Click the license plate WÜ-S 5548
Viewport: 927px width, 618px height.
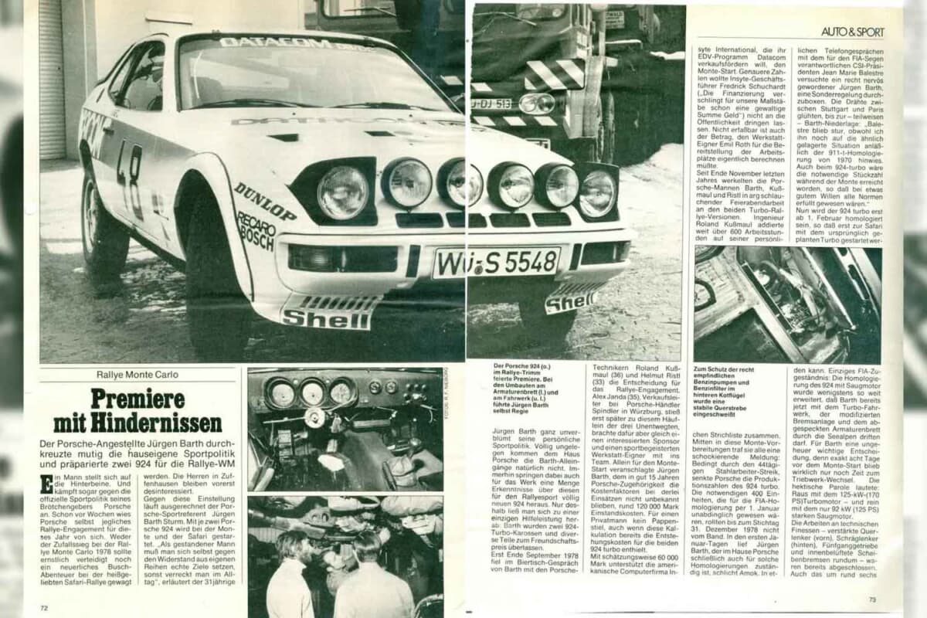(x=496, y=263)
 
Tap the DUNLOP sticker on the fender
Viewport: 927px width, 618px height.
(x=264, y=201)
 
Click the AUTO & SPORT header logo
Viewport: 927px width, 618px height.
(x=852, y=32)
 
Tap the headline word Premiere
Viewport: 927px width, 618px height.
(x=138, y=399)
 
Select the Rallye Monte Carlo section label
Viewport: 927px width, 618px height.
(x=138, y=375)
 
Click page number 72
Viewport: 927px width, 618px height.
(x=45, y=609)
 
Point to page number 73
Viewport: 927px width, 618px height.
(x=872, y=599)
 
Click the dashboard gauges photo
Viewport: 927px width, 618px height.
(x=345, y=427)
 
